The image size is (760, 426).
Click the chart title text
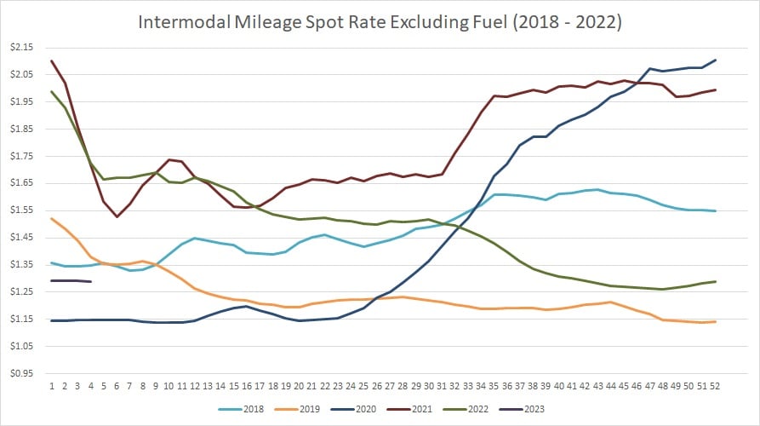tap(380, 22)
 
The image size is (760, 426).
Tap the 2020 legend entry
tap(367, 407)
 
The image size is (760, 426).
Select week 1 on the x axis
tap(52, 385)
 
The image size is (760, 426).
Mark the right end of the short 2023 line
tap(91, 281)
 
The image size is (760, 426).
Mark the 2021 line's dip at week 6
tap(117, 216)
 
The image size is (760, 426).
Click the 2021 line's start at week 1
tap(52, 61)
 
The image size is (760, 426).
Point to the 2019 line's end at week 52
tap(715, 321)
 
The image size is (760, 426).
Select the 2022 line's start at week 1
tap(52, 92)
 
